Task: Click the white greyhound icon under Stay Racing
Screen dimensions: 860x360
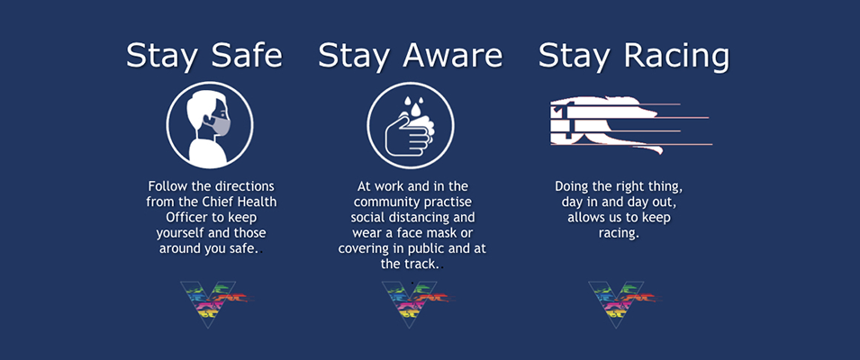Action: (x=630, y=124)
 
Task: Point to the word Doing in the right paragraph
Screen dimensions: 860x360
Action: (x=570, y=186)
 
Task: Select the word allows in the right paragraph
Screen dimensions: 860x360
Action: (x=585, y=218)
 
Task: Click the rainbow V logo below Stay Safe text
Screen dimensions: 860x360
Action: (x=215, y=304)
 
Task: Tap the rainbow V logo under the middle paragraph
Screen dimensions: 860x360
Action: (x=416, y=304)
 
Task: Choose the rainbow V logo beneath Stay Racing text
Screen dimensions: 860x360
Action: (x=623, y=304)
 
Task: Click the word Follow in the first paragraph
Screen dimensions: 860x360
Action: (x=167, y=186)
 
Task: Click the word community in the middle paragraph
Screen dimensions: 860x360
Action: (x=388, y=202)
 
